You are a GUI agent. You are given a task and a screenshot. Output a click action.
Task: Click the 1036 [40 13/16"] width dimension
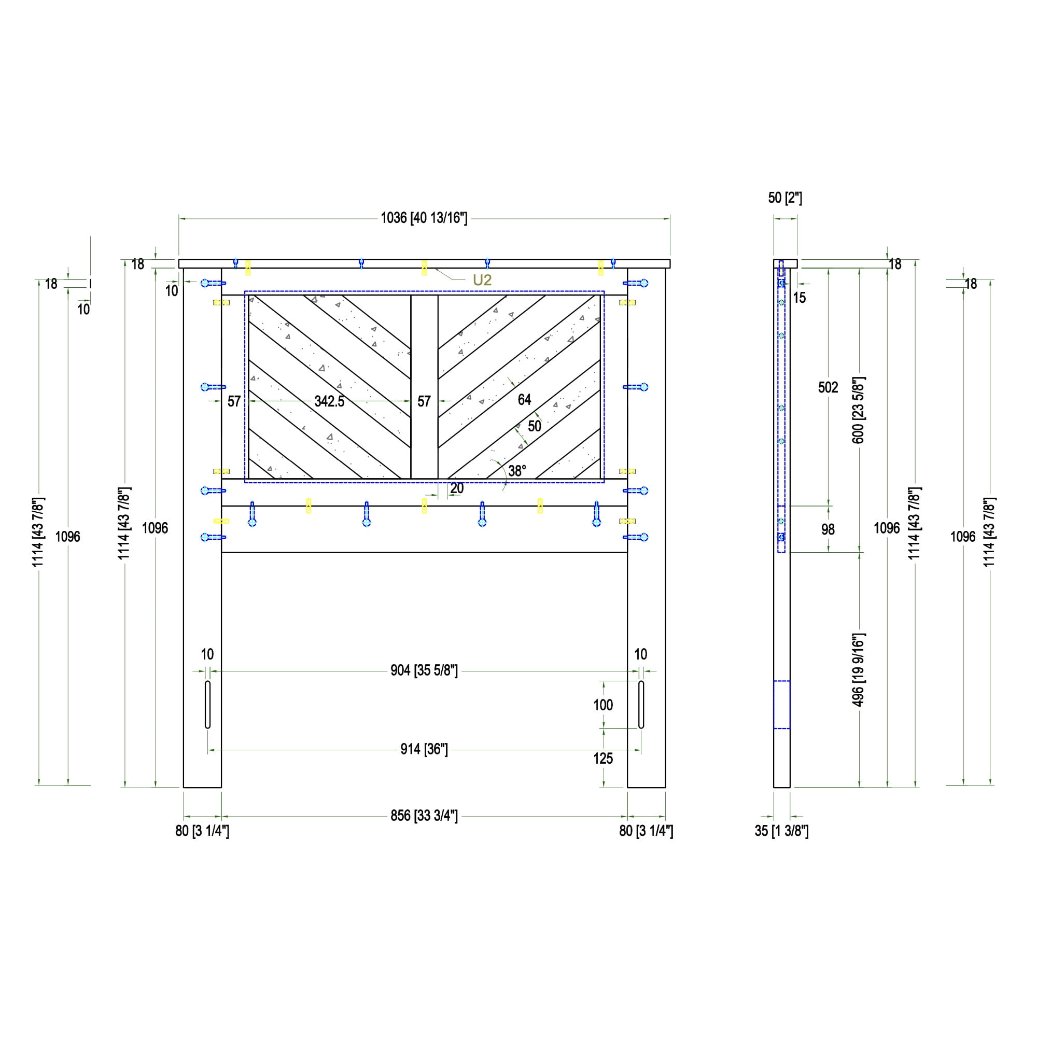[424, 218]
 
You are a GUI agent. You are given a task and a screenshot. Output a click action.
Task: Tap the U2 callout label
[482, 279]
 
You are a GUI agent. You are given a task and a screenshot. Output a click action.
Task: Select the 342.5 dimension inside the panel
[330, 401]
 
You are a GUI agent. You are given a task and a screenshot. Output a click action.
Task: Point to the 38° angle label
[517, 471]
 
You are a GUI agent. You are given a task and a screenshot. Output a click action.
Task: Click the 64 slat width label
[524, 399]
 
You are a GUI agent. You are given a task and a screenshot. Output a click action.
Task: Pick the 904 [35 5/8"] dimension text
[424, 670]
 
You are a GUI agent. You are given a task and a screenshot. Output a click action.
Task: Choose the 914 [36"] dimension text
[424, 749]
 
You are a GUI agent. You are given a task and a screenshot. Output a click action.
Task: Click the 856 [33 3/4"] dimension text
[424, 816]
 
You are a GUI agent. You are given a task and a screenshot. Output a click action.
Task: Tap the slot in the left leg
[208, 705]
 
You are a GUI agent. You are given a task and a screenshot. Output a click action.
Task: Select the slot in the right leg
[641, 705]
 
